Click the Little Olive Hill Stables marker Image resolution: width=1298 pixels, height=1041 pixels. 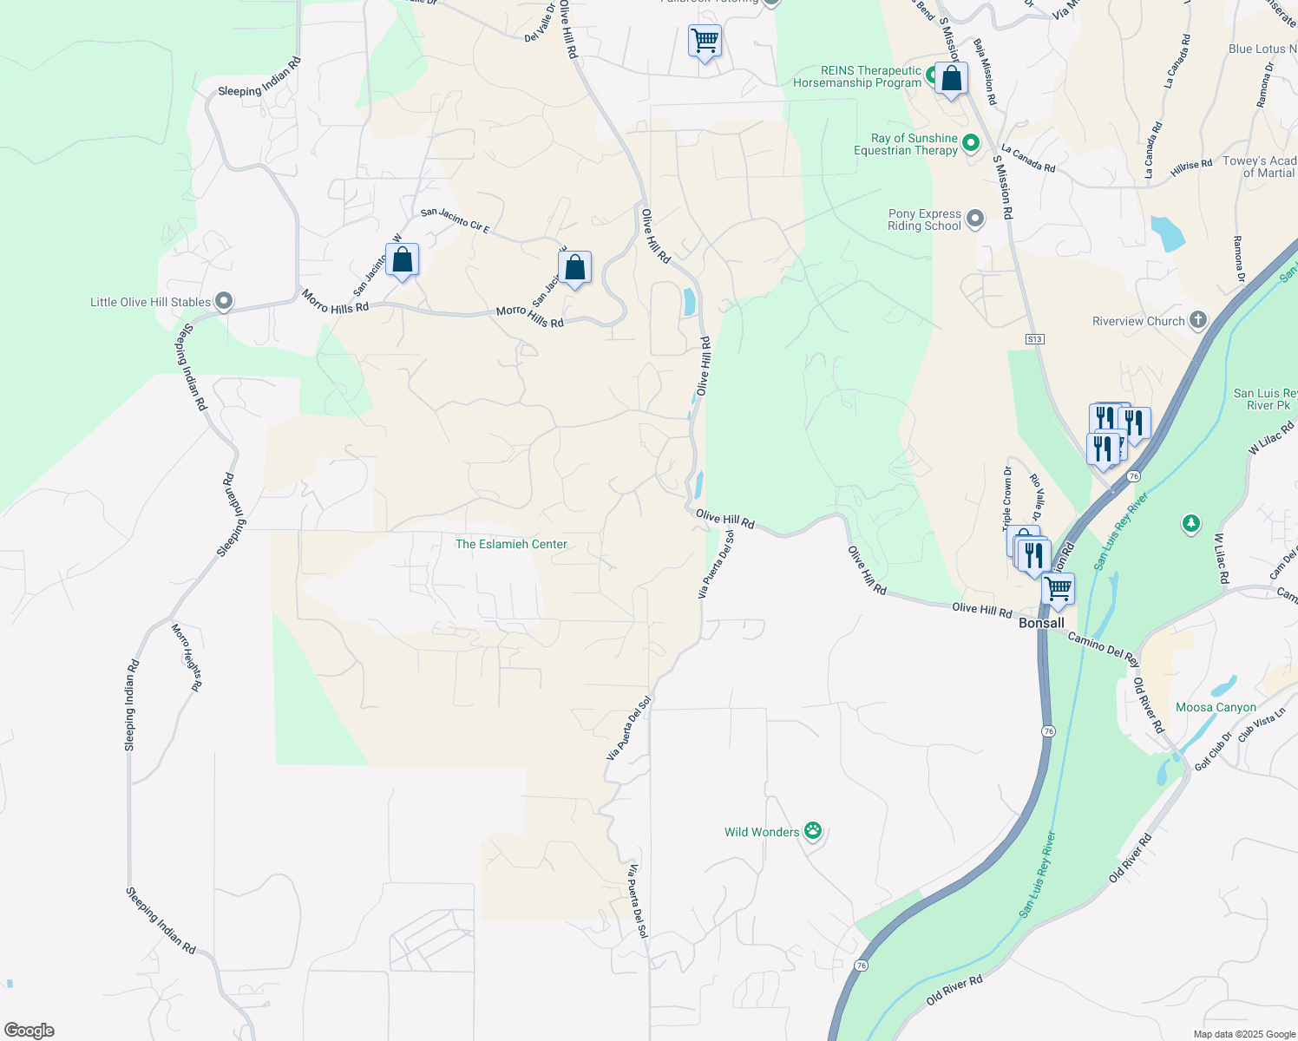click(x=224, y=302)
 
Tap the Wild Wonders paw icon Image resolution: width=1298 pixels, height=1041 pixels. click(x=813, y=832)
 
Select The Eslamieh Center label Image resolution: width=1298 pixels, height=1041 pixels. click(x=511, y=544)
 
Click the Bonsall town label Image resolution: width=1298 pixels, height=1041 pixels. click(x=1041, y=623)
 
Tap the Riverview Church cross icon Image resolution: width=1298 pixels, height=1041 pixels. click(x=1197, y=320)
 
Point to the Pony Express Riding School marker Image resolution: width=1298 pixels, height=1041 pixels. click(x=975, y=219)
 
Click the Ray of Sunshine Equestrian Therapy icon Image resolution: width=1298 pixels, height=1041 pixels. click(x=971, y=143)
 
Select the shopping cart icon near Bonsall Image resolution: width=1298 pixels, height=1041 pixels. click(x=1058, y=589)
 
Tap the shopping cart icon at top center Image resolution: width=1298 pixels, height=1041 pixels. click(x=705, y=40)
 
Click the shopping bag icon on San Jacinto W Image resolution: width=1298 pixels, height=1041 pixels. click(x=403, y=259)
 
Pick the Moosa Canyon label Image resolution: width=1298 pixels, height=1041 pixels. click(x=1216, y=707)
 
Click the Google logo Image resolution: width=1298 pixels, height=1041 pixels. click(x=29, y=1031)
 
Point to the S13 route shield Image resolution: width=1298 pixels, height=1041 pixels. click(x=1034, y=338)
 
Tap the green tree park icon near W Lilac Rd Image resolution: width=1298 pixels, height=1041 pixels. click(x=1191, y=524)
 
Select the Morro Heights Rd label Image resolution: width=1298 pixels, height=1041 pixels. click(x=187, y=657)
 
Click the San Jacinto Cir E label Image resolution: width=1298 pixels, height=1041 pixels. click(x=456, y=220)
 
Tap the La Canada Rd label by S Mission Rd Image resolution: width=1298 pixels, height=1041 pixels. click(x=1028, y=158)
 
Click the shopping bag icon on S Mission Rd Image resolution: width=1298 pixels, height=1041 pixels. click(x=951, y=78)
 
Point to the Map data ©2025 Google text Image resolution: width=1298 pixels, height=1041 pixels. click(x=1244, y=1034)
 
